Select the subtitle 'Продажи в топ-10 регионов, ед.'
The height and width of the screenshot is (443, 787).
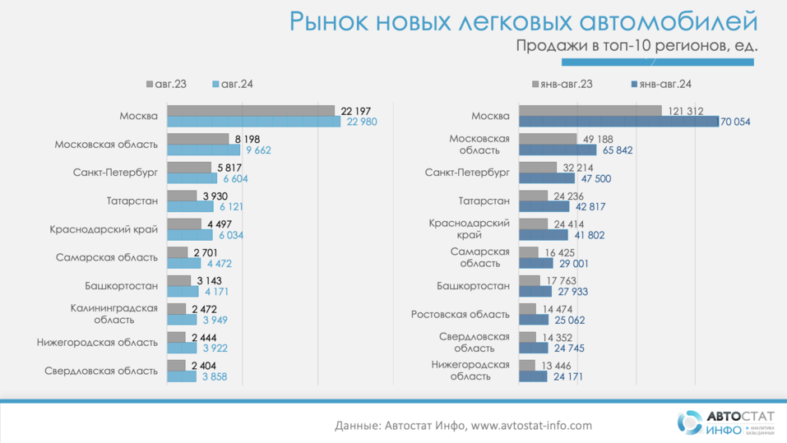637,46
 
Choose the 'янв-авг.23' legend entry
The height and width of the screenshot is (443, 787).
567,84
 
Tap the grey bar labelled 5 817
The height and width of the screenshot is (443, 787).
189,167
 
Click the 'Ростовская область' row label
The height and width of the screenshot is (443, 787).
461,314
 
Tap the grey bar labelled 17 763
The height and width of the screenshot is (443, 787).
530,280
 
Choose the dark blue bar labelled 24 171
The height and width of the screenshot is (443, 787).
534,376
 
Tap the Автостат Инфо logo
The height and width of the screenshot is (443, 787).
713,422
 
